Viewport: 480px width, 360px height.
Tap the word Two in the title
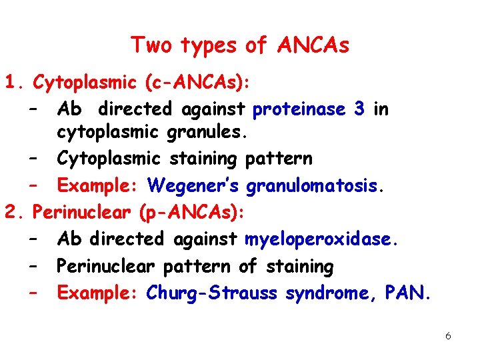click(150, 45)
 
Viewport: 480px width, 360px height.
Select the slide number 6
click(448, 336)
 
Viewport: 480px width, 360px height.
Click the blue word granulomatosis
click(315, 185)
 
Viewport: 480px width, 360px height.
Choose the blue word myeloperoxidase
click(322, 239)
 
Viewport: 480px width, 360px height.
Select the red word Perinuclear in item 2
click(83, 213)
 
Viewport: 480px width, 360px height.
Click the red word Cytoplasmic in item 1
click(85, 83)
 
